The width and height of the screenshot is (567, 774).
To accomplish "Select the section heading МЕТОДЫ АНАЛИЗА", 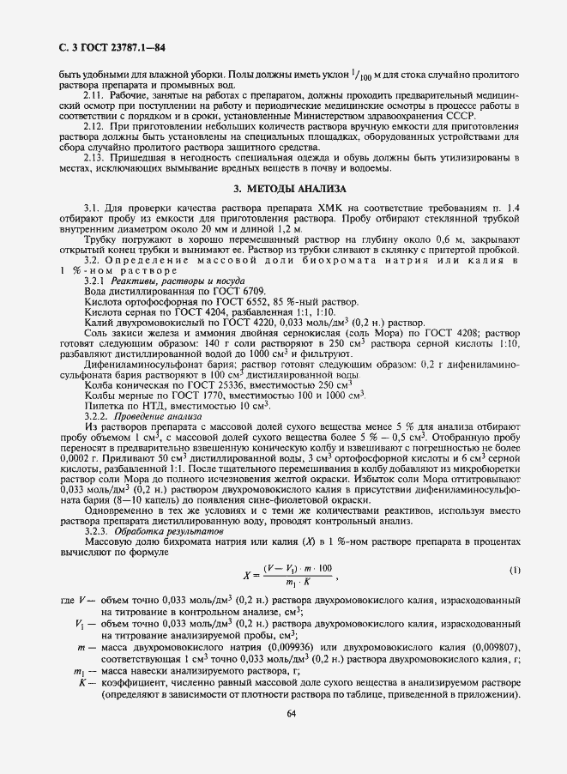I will pos(283,188).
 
